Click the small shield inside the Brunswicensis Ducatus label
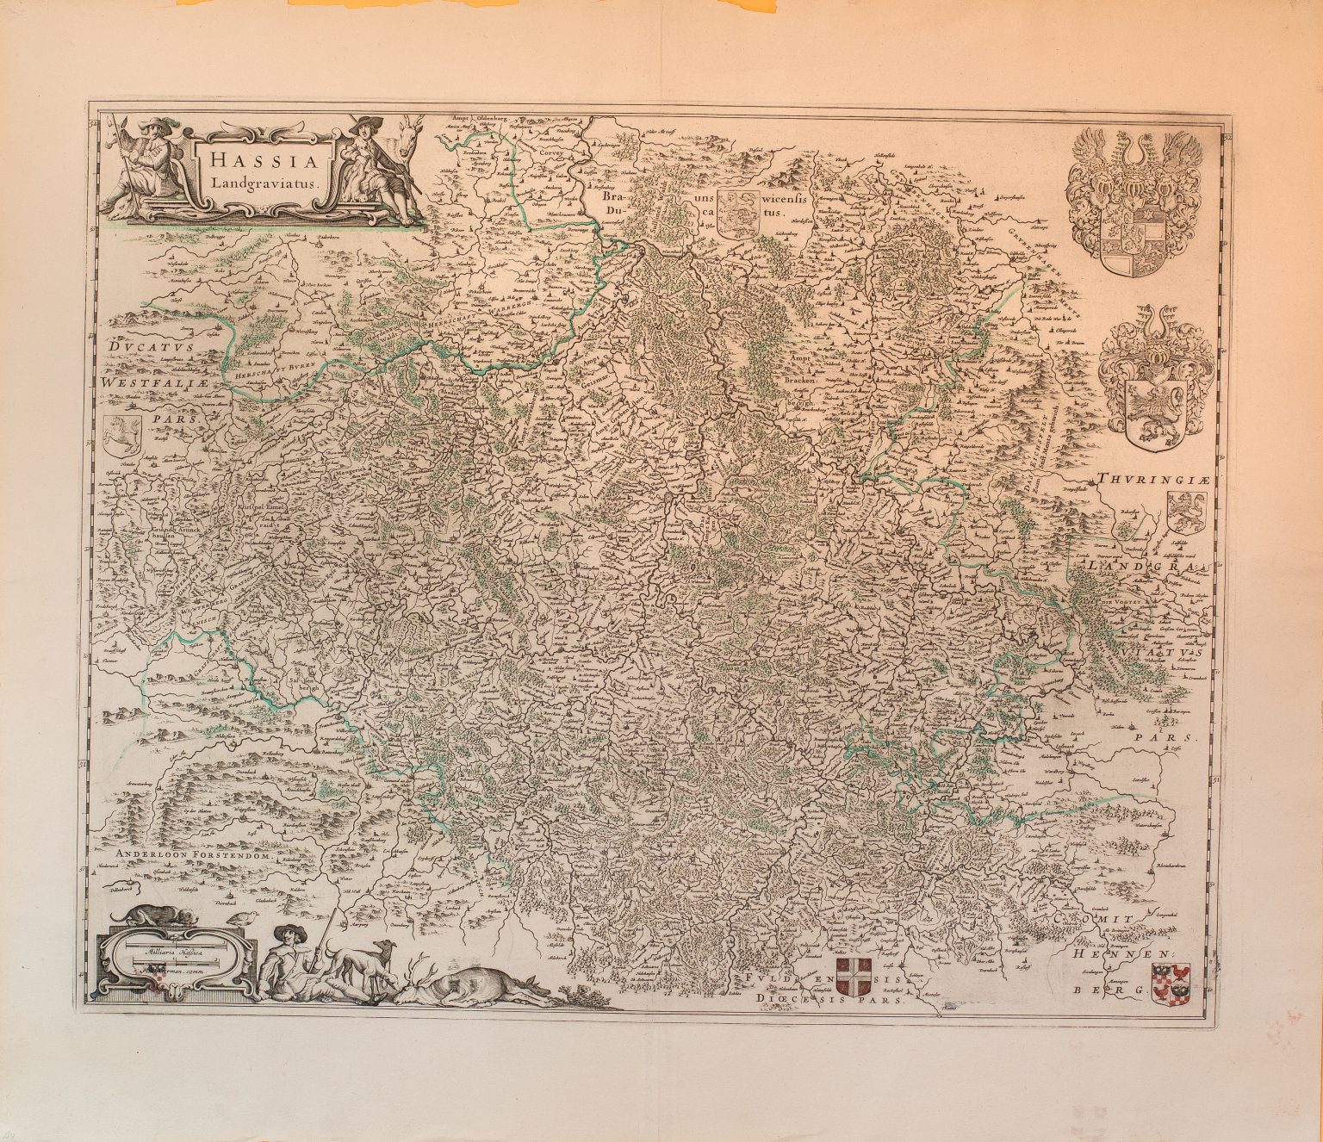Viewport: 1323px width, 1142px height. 739,212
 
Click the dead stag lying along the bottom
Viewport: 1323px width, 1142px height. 482,986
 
